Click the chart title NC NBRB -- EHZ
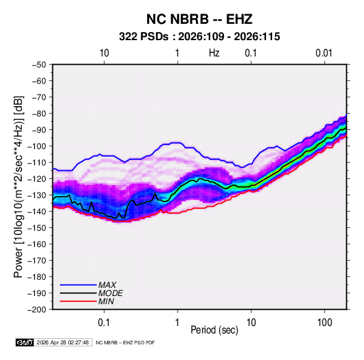199,19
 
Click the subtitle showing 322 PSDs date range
199,37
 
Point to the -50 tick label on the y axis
39,65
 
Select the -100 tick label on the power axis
37,146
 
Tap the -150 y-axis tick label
37,228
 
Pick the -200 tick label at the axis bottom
37,310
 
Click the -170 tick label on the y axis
37,261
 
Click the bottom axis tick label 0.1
104,323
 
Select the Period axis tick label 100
325,323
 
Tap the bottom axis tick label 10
251,323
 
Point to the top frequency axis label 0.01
324,53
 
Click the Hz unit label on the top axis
214,53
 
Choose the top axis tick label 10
104,53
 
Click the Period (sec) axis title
214,330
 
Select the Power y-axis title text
18,187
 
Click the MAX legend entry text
107,285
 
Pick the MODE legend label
110,293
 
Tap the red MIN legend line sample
78,301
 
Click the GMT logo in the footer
25,342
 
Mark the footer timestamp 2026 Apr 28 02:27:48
63,342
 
